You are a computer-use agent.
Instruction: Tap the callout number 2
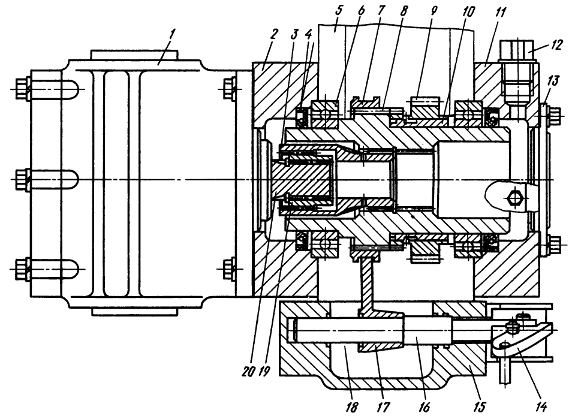tap(273, 34)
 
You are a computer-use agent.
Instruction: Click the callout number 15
tap(479, 408)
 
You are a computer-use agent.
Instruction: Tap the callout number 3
tap(294, 33)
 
